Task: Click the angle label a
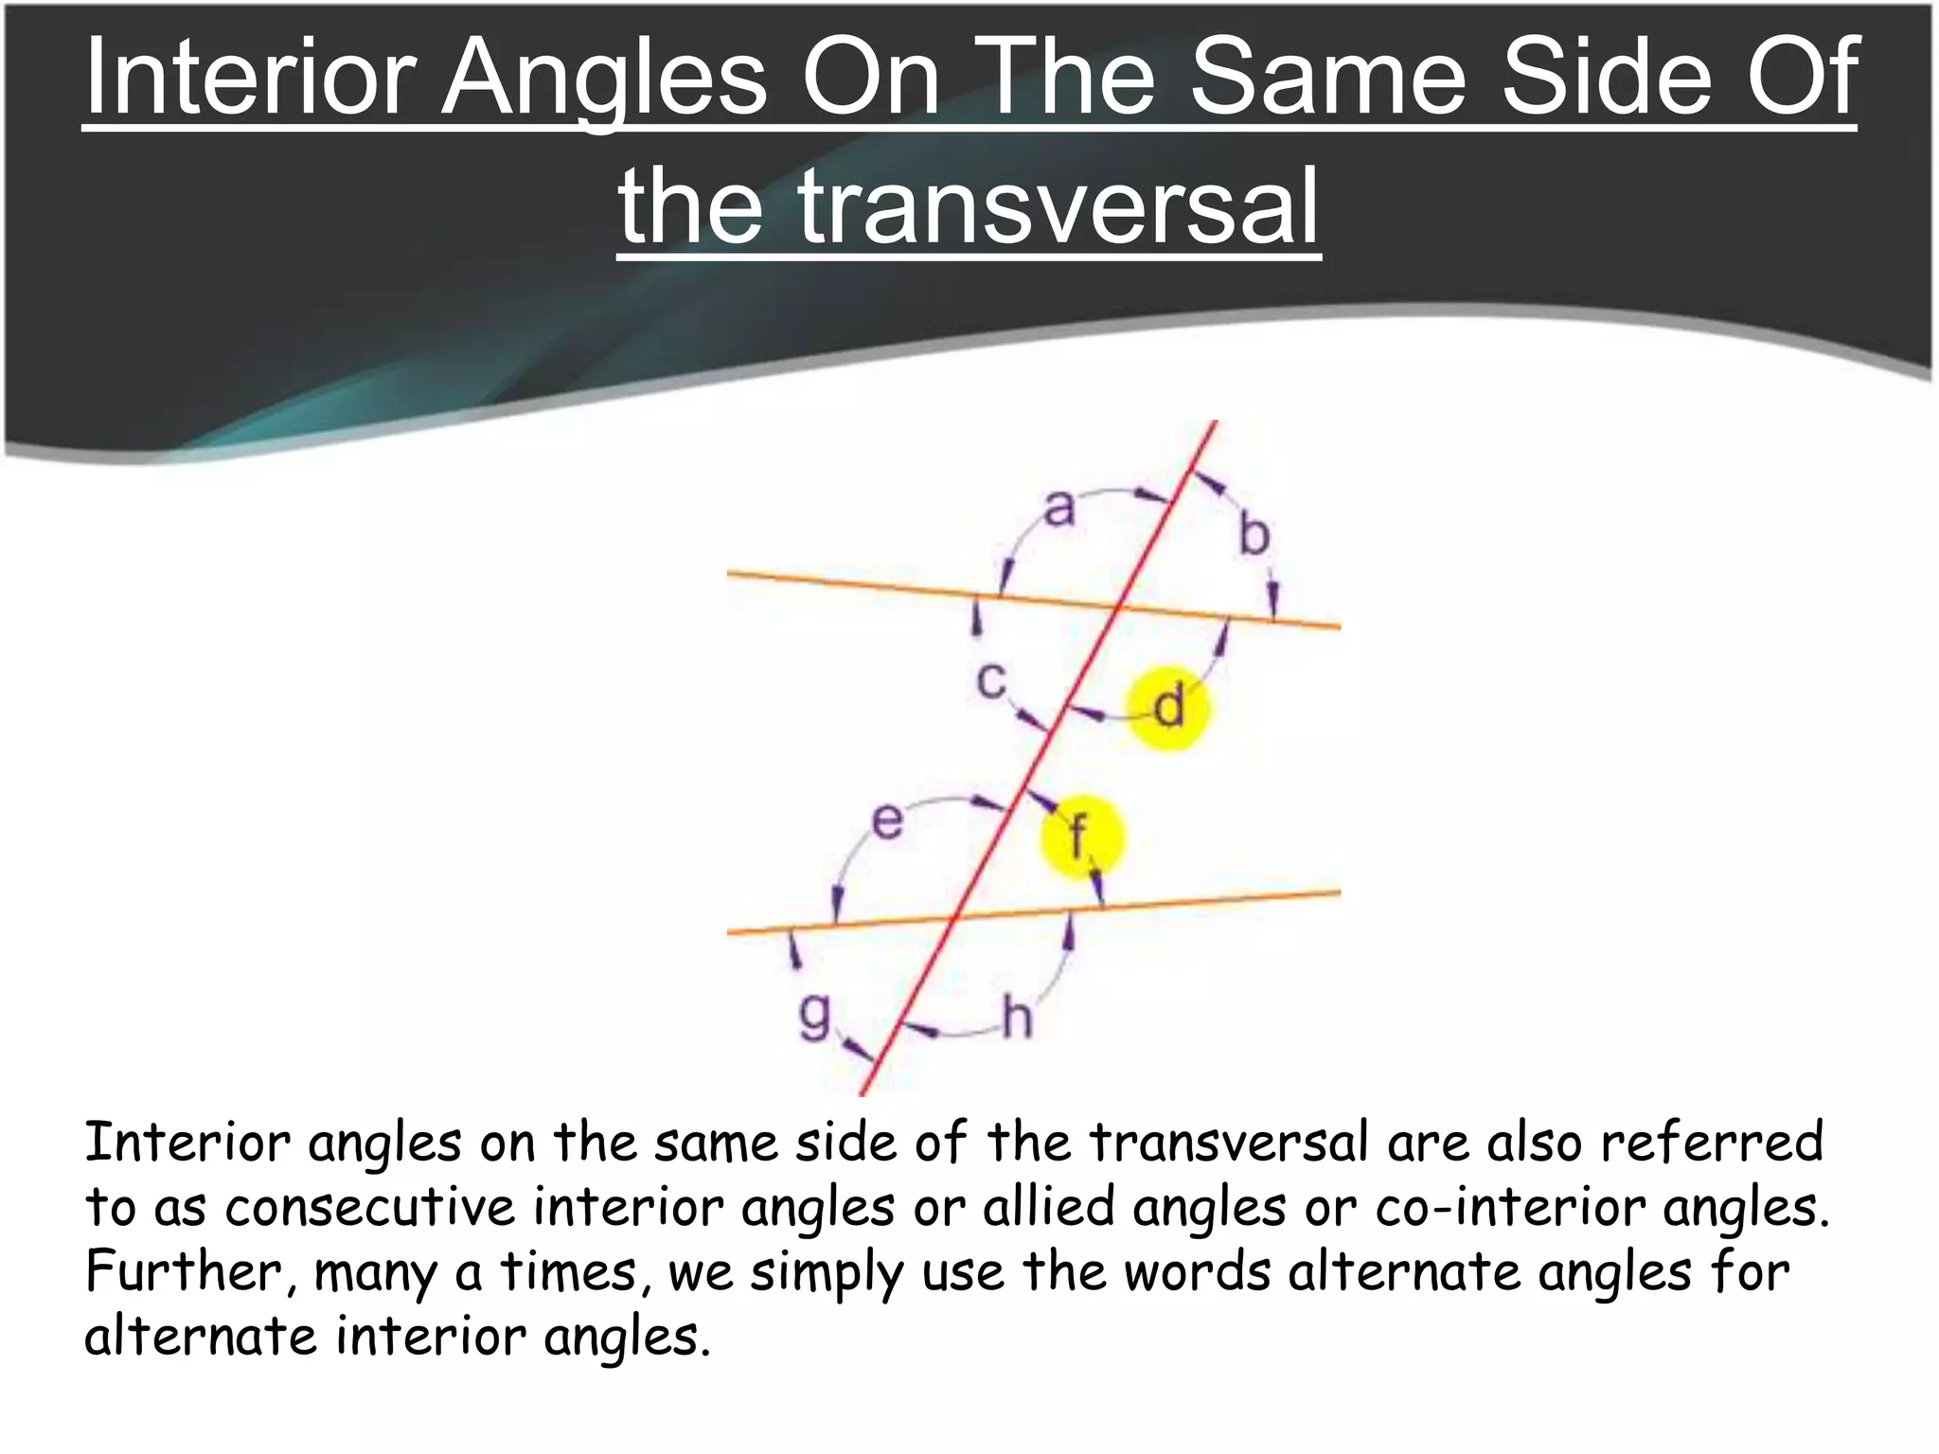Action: click(x=1059, y=508)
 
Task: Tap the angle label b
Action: click(x=1254, y=536)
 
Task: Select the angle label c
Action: click(x=990, y=680)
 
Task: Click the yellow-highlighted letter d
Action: click(x=1170, y=707)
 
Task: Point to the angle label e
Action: click(x=887, y=820)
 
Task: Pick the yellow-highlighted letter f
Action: click(x=1078, y=837)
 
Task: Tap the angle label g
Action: click(x=813, y=1015)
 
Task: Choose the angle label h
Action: click(x=1017, y=1020)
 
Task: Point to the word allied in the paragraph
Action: click(x=1049, y=1207)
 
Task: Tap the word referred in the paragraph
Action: click(x=1712, y=1142)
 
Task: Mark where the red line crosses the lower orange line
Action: click(x=954, y=916)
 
